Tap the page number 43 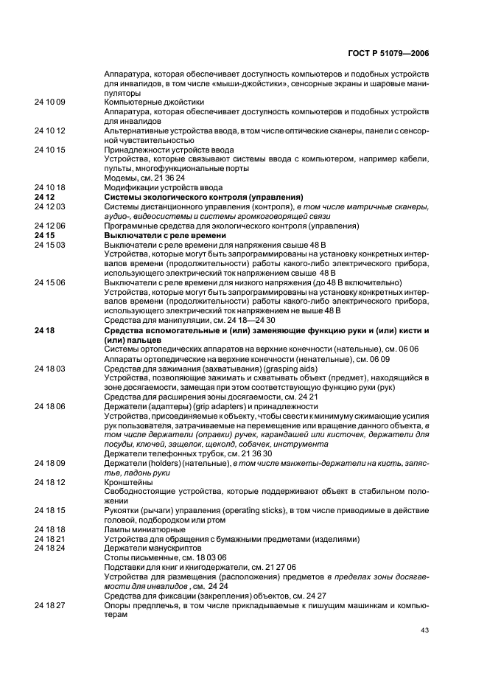pos(424,629)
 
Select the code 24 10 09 pos(49,101)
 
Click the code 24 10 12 pos(49,130)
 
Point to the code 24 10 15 pos(49,149)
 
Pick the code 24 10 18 pos(49,187)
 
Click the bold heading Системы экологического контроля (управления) pos(204,197)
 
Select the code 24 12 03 pos(49,206)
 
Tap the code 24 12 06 pos(49,226)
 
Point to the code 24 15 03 pos(49,245)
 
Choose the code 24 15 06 pos(49,283)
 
